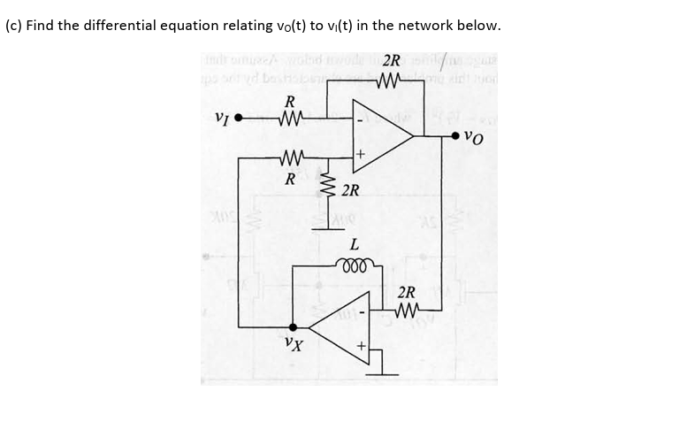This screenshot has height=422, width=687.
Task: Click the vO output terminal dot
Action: click(x=455, y=136)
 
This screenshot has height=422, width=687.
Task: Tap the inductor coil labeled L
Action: click(x=355, y=263)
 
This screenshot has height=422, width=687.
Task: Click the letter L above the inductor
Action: click(x=354, y=243)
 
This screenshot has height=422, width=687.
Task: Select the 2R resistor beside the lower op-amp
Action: click(x=408, y=309)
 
